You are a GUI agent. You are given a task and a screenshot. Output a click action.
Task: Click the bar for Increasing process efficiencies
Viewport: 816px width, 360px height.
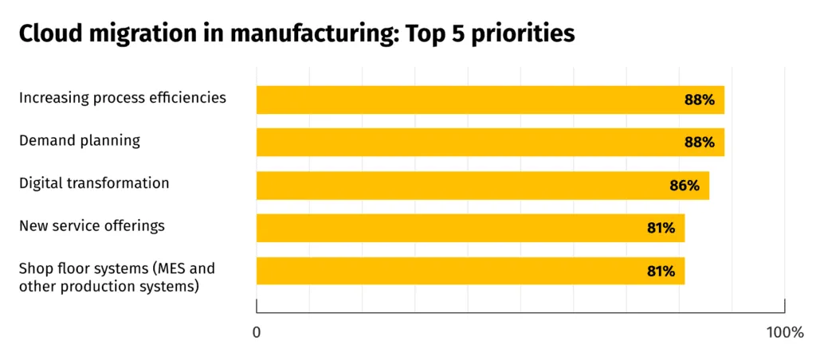click(x=462, y=100)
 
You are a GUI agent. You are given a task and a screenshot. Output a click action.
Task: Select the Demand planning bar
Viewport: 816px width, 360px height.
click(x=462, y=143)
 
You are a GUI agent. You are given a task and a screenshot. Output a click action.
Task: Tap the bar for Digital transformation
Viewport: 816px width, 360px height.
click(x=454, y=186)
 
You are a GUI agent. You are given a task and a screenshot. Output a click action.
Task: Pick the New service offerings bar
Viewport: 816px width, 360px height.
click(x=446, y=228)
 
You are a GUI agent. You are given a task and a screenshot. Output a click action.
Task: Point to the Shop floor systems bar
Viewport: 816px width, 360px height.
click(x=446, y=271)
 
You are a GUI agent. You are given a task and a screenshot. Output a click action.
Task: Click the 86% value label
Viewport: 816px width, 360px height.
click(x=685, y=186)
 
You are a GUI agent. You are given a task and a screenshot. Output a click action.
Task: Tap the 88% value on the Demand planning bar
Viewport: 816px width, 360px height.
click(x=699, y=143)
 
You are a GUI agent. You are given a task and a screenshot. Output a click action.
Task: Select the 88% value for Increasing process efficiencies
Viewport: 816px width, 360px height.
click(x=699, y=100)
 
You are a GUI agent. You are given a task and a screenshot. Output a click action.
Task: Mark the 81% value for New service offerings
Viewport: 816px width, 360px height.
click(x=661, y=228)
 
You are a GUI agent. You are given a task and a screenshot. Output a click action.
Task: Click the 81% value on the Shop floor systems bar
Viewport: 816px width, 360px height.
click(x=661, y=271)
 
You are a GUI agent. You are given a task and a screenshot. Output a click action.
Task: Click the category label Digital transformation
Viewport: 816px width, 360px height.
click(x=94, y=183)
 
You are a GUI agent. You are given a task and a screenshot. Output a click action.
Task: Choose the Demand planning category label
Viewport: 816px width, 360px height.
click(x=80, y=141)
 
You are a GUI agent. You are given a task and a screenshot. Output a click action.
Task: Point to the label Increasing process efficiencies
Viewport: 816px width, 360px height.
click(x=123, y=98)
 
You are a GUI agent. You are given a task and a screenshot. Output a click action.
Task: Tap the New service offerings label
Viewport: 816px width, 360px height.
click(x=92, y=225)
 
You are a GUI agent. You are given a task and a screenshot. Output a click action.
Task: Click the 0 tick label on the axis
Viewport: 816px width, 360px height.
click(x=257, y=331)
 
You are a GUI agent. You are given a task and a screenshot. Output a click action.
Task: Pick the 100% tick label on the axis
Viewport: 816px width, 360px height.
click(x=785, y=331)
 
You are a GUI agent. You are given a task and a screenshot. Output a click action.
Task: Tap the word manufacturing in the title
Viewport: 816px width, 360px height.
click(x=287, y=33)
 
